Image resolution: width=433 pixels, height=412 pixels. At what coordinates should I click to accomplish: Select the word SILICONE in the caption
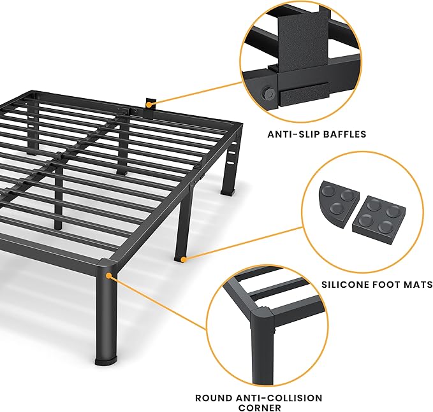point(345,285)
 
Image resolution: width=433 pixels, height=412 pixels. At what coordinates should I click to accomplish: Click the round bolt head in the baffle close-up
point(267,94)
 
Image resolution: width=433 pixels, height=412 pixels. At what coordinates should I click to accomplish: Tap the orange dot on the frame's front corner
point(109,275)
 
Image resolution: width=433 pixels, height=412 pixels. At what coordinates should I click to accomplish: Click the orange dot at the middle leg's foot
point(183,259)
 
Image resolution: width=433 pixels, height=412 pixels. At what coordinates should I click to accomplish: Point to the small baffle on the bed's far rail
point(150,103)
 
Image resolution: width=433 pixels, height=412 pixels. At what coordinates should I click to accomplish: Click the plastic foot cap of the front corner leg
point(105,360)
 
